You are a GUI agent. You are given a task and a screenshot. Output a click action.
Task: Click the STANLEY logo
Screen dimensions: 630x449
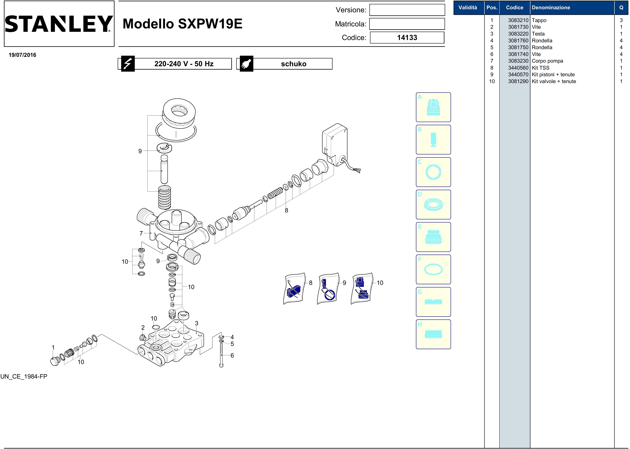[x=59, y=24]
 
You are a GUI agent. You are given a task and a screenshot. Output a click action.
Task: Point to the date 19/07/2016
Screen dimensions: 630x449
[x=22, y=55]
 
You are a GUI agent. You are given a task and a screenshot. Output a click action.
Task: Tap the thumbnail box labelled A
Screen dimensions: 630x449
[x=433, y=107]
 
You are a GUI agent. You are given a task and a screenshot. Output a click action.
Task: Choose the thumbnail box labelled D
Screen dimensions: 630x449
[x=433, y=205]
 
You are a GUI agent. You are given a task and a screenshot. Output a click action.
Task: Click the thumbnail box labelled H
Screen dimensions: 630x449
[x=433, y=334]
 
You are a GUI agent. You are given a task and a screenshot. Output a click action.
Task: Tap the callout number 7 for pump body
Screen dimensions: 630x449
[x=141, y=233]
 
